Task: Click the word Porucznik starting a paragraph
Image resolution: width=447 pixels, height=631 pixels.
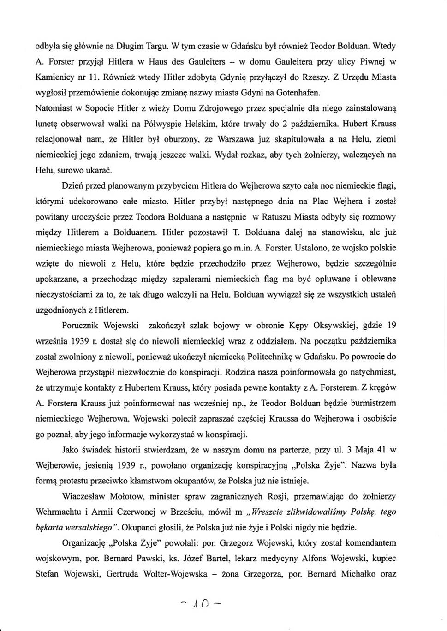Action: tap(80, 326)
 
